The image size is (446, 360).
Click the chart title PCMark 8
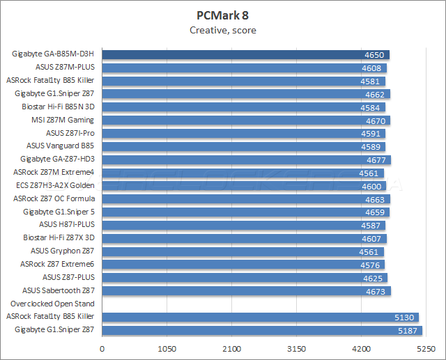coord(222,15)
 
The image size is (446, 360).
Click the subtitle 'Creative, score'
coord(222,30)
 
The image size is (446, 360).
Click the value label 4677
coord(376,159)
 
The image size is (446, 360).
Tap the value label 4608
coord(372,68)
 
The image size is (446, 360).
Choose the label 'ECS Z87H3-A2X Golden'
coord(54,185)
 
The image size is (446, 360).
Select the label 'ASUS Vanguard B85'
coord(60,146)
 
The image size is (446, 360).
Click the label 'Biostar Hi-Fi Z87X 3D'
coord(59,238)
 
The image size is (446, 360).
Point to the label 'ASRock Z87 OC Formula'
coord(54,198)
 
